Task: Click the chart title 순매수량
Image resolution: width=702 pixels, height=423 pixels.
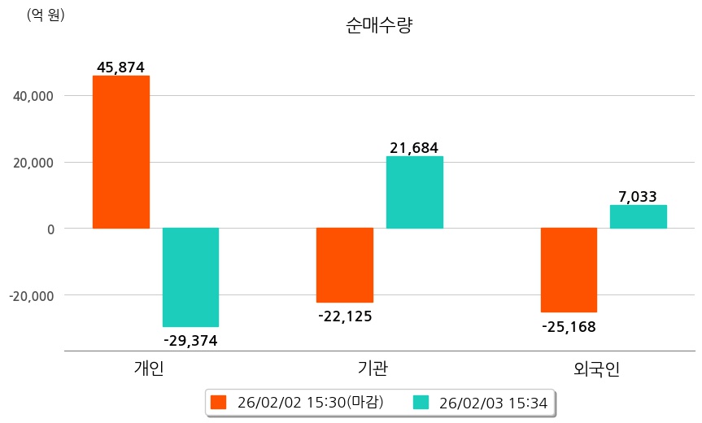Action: click(x=379, y=25)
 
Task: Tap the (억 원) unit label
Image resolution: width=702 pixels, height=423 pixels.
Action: click(x=46, y=15)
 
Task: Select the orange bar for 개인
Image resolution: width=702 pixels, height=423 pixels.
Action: click(x=120, y=152)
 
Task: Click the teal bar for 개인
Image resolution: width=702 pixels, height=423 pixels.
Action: click(x=190, y=277)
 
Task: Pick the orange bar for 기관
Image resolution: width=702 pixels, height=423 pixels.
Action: click(x=345, y=265)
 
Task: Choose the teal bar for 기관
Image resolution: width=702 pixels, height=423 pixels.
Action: click(x=415, y=192)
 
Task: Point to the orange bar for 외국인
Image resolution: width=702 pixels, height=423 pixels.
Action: click(x=569, y=270)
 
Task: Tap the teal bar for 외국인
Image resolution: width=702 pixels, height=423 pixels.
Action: click(x=639, y=216)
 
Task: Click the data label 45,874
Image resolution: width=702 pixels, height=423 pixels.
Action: click(x=120, y=68)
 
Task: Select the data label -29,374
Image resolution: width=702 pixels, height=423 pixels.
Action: click(x=190, y=340)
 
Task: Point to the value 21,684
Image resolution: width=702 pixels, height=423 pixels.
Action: click(x=414, y=148)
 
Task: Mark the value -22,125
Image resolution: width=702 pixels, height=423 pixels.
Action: click(x=345, y=316)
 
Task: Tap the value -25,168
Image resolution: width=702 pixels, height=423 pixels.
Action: click(x=569, y=327)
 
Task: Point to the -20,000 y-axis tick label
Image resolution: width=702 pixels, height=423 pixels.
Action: click(x=31, y=295)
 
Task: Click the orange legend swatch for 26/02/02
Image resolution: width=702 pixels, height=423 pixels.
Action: click(x=218, y=402)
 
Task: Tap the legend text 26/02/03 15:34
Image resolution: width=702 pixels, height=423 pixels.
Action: click(x=493, y=402)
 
